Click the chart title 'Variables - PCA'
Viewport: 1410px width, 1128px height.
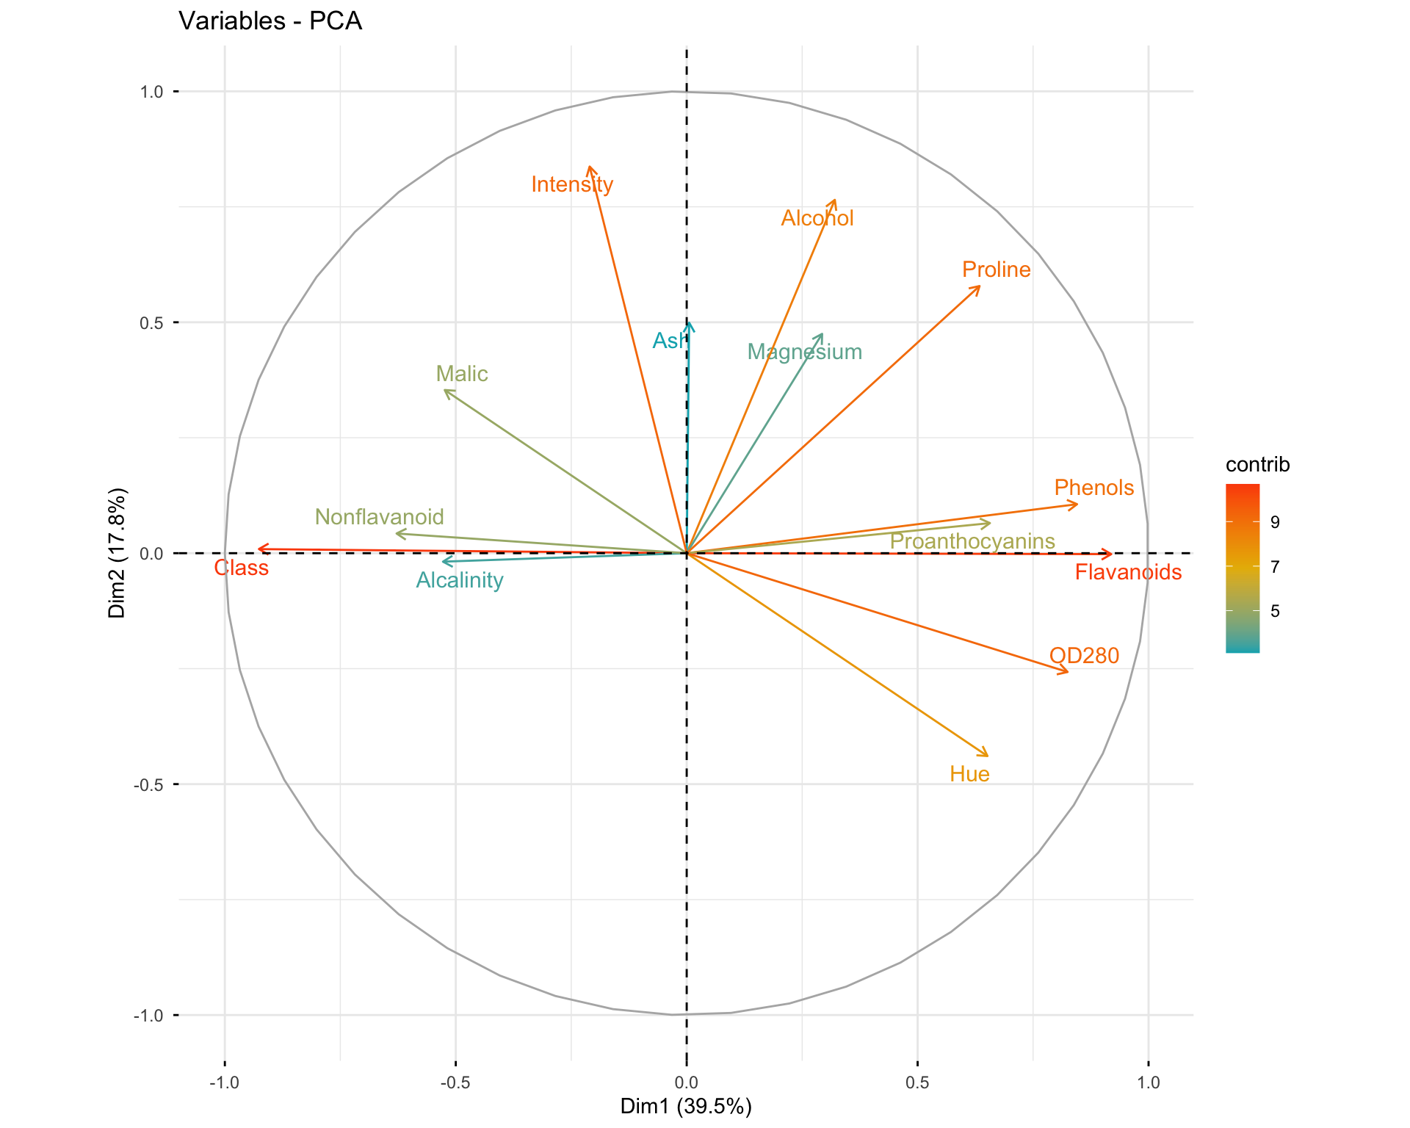click(270, 21)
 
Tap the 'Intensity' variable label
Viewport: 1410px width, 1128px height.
click(572, 184)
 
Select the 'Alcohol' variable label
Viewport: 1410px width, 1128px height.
click(817, 218)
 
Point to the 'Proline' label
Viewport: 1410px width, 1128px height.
click(996, 270)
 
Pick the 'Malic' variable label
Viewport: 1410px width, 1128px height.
click(461, 374)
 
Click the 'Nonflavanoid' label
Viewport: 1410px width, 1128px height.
click(379, 517)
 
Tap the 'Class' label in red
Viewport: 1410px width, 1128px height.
click(241, 568)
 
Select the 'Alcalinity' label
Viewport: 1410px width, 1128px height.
click(460, 580)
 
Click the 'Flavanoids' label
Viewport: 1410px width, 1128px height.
click(1128, 572)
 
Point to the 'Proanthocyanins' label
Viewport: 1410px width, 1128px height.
click(972, 541)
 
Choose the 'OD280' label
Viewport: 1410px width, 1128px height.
click(1084, 655)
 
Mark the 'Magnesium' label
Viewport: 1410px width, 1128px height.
click(804, 352)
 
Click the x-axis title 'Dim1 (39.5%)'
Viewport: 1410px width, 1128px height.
click(686, 1106)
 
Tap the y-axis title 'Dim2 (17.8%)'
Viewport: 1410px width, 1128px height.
click(117, 553)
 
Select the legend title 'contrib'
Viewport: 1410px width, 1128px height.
click(1257, 465)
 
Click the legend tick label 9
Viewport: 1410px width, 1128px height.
click(1275, 522)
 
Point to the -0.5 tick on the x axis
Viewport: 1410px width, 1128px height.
click(455, 1082)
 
